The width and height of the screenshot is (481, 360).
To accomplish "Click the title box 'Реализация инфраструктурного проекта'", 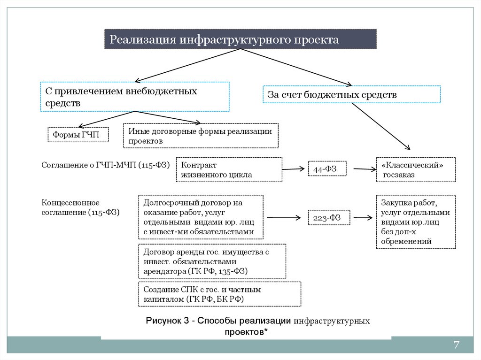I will pyautogui.click(x=240, y=39).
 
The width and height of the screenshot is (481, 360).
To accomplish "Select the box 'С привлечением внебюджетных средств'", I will pyautogui.click(x=135, y=97).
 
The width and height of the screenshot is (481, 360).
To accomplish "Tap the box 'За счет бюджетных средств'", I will pyautogui.click(x=351, y=94).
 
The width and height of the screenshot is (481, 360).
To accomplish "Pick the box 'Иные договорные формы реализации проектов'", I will pyautogui.click(x=201, y=136).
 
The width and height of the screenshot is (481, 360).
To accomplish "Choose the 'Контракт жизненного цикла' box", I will pyautogui.click(x=229, y=170).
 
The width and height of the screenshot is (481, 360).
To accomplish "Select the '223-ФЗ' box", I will pyautogui.click(x=327, y=217).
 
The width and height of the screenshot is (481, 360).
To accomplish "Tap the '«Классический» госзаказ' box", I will pyautogui.click(x=415, y=170).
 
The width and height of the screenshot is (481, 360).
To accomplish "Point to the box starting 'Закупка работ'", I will pyautogui.click(x=415, y=222).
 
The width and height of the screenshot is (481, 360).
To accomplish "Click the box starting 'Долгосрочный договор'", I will pyautogui.click(x=201, y=217).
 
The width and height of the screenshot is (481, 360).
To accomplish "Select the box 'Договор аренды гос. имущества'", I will pyautogui.click(x=212, y=261).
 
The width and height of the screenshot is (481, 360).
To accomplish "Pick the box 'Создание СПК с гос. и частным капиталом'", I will pyautogui.click(x=219, y=294).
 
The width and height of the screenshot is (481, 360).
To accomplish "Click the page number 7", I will pyautogui.click(x=456, y=345).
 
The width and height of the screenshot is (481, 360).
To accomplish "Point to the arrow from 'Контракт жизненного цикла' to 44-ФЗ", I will pyautogui.click(x=294, y=169).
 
